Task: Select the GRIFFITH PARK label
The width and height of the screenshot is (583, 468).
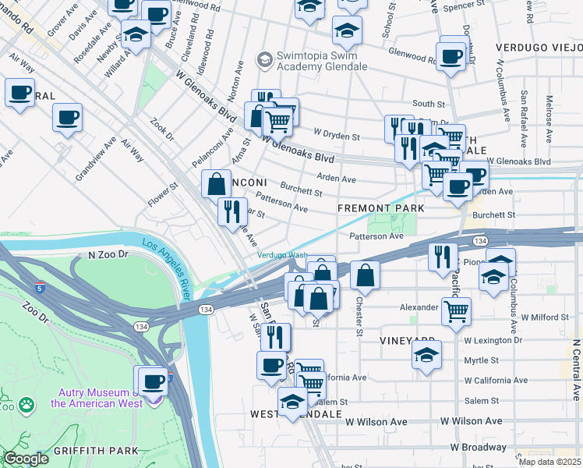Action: (96, 450)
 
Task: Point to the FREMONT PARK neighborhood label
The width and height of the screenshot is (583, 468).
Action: (380, 208)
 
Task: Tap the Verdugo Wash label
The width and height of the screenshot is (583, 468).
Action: (282, 255)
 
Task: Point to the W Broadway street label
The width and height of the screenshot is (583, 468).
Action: (478, 447)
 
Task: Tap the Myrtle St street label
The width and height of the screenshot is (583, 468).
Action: (481, 360)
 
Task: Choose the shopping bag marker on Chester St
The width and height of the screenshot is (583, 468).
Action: (365, 275)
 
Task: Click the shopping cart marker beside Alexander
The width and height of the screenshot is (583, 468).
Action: (456, 311)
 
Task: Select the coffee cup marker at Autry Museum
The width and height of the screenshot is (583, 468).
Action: (154, 381)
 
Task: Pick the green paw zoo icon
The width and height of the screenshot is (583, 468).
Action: (27, 404)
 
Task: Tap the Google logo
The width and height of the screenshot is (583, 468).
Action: (26, 459)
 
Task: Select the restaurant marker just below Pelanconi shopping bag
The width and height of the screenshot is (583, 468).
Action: (231, 211)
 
